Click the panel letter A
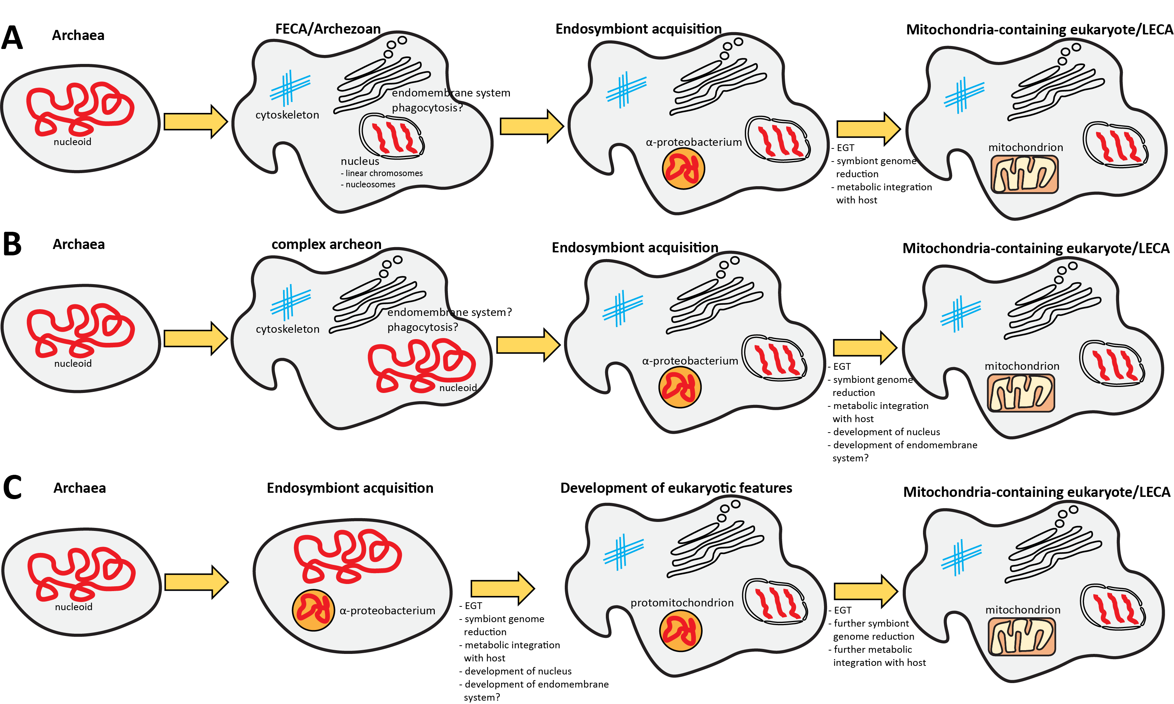[12, 38]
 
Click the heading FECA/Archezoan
[328, 29]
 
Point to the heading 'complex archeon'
[326, 244]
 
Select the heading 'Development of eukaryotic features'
[676, 488]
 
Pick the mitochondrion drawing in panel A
[1024, 174]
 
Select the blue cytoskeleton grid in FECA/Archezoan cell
[289, 88]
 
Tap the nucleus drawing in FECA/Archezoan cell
[391, 136]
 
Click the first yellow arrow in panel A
[195, 122]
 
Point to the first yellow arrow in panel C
[196, 582]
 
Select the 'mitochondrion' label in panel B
[1022, 366]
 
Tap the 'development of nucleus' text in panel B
[886, 432]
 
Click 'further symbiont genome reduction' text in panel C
[873, 630]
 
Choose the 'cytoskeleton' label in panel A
[287, 115]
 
